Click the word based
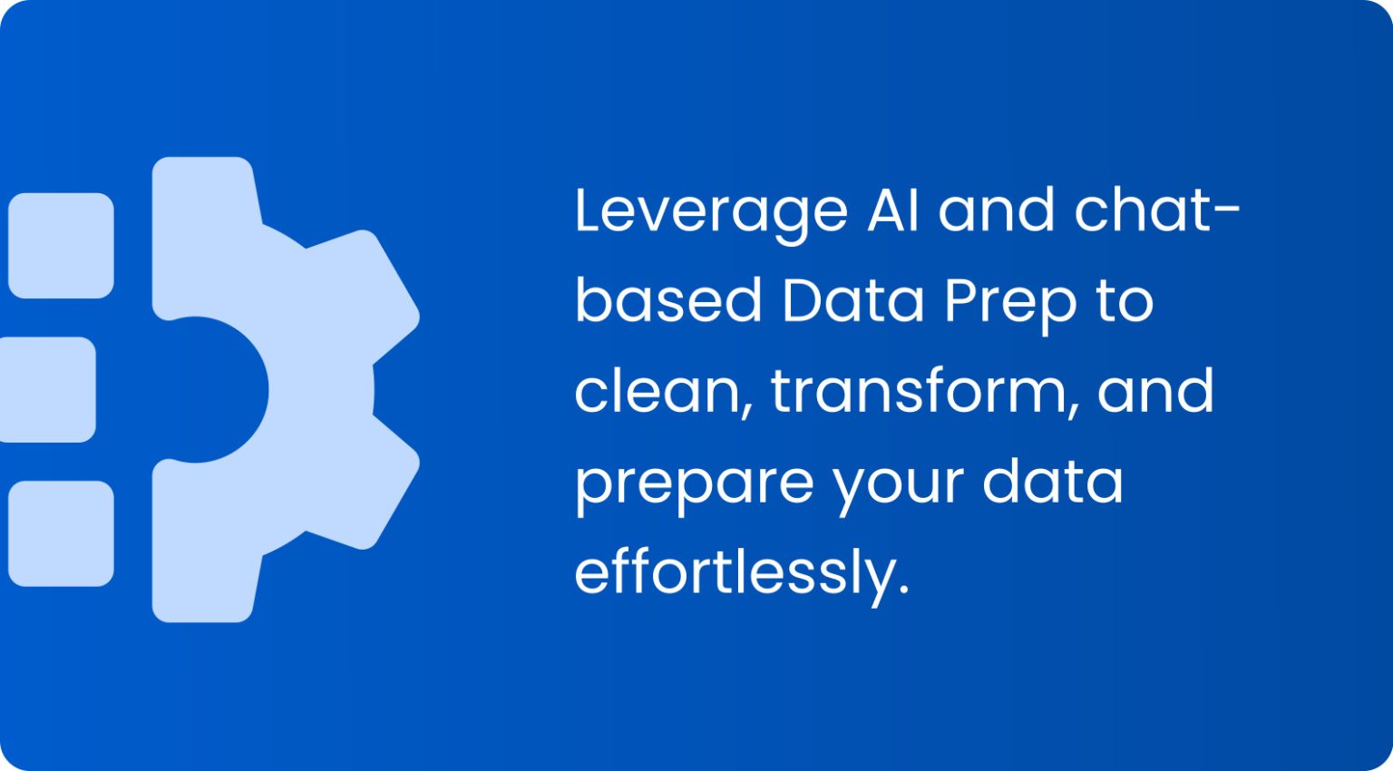coord(668,300)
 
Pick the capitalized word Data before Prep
coord(852,300)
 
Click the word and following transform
coord(1155,391)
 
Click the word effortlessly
coord(740,574)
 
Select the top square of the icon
coord(61,246)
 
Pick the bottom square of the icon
coord(61,533)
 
